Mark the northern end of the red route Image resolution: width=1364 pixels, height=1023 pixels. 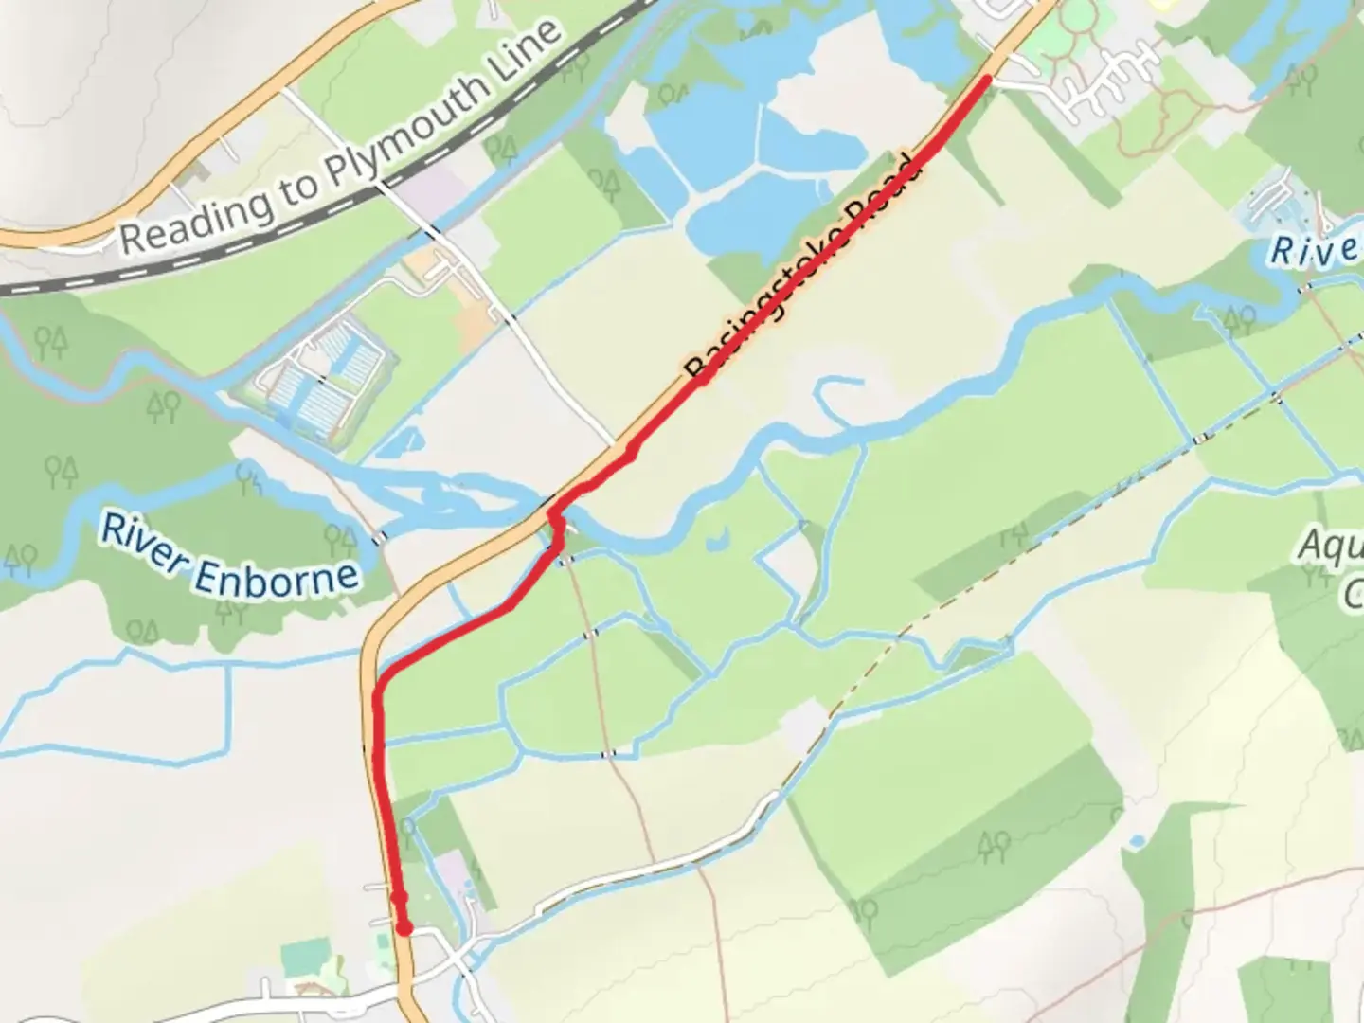(987, 80)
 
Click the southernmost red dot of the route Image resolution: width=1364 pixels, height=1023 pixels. (404, 928)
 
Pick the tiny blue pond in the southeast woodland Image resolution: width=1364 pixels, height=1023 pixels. (1137, 841)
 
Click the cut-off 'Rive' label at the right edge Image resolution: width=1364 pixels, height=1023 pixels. (1313, 250)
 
